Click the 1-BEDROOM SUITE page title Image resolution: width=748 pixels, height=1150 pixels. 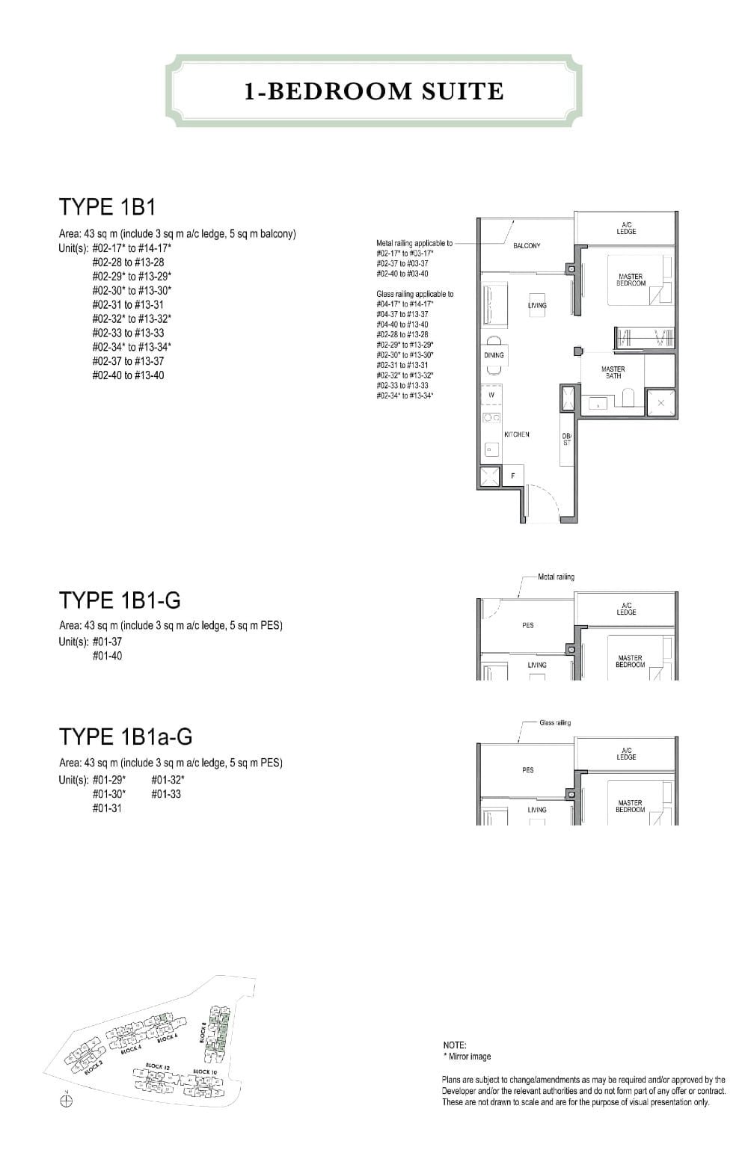click(x=374, y=91)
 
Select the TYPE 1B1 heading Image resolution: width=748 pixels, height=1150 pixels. click(x=107, y=207)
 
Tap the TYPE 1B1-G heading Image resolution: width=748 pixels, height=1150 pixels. click(x=120, y=600)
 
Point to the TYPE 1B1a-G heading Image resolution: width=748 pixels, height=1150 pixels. click(x=126, y=737)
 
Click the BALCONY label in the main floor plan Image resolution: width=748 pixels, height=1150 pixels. click(x=527, y=246)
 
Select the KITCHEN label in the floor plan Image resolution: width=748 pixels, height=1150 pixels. click(x=517, y=434)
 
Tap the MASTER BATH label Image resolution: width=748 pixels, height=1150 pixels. click(x=613, y=372)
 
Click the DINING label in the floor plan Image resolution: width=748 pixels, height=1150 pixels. click(x=494, y=355)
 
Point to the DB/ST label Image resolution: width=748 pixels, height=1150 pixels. click(x=566, y=440)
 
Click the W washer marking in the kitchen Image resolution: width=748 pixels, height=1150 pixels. click(x=491, y=395)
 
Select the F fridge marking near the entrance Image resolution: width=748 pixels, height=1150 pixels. click(x=513, y=476)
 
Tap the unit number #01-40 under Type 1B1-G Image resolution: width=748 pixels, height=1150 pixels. click(x=107, y=656)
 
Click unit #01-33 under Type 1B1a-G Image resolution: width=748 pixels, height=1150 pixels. click(x=165, y=794)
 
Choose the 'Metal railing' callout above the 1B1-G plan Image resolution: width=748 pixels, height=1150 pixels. click(x=556, y=576)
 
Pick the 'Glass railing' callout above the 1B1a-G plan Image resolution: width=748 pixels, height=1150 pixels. click(x=555, y=722)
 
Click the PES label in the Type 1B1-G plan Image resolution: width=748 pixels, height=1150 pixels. click(x=528, y=625)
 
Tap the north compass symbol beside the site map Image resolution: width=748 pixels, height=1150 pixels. click(x=67, y=1101)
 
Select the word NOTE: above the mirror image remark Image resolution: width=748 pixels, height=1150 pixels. click(x=454, y=1045)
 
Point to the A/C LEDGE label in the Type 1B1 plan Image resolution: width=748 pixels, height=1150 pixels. click(x=626, y=228)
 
